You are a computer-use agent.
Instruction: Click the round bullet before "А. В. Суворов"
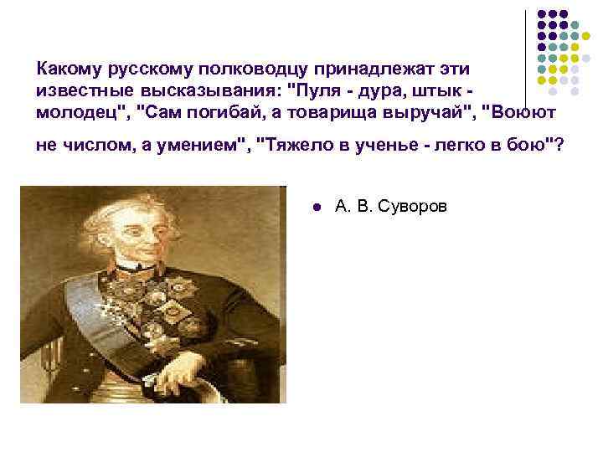314,206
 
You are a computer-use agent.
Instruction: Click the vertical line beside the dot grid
525,59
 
